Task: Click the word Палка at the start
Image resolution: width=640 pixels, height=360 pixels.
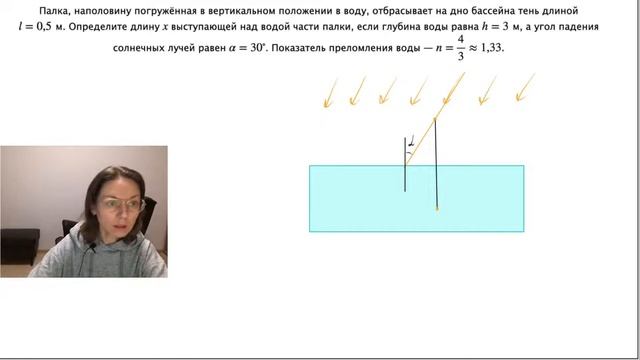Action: point(57,9)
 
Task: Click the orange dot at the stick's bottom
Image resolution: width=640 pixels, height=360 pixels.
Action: point(437,209)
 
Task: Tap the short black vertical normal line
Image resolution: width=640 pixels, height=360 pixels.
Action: point(405,165)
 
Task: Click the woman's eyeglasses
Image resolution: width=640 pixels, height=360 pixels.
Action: point(123,205)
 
